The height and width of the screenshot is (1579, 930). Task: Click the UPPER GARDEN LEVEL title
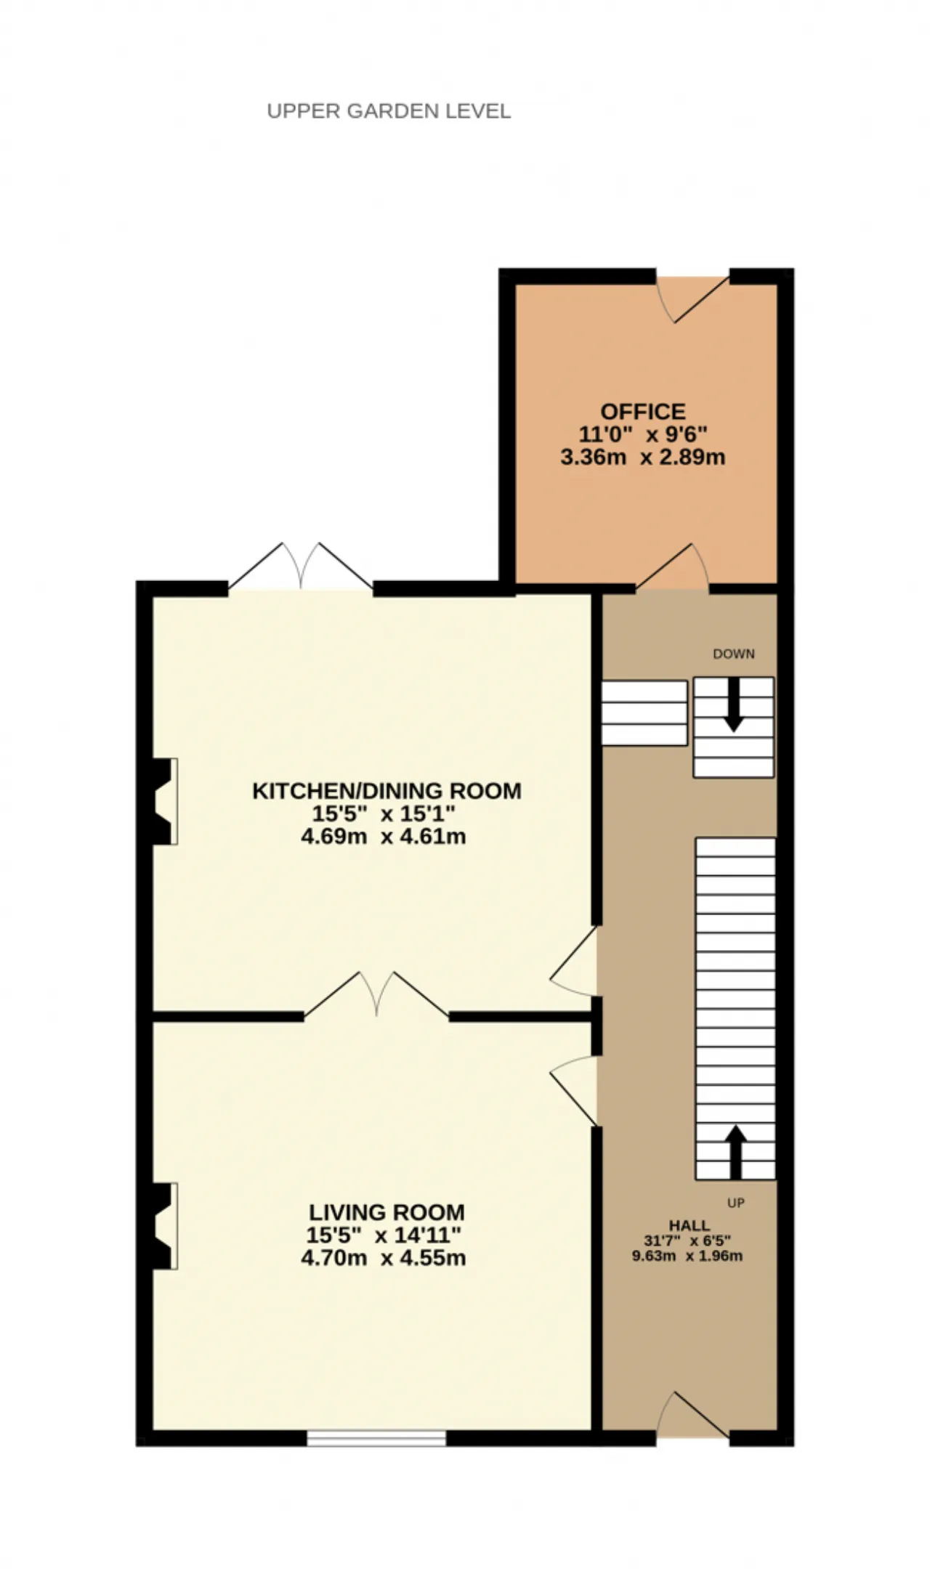tap(389, 111)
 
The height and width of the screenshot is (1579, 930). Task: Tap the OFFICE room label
tap(643, 412)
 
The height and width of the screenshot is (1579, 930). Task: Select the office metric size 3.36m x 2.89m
tap(643, 458)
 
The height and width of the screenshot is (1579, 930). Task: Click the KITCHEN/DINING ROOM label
tap(387, 790)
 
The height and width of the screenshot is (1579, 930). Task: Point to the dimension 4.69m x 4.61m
tap(384, 836)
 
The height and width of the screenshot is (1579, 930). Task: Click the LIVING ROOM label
tap(387, 1212)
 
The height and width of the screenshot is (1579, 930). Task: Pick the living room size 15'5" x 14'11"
tap(384, 1235)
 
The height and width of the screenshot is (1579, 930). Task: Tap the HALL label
tap(690, 1225)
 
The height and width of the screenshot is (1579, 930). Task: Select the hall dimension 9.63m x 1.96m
tap(687, 1256)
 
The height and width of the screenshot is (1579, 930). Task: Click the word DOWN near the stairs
tap(734, 654)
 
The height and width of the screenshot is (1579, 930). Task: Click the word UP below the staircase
tap(736, 1203)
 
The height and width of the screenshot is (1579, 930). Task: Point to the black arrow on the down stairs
tap(734, 705)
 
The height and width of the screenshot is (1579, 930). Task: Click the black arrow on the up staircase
tap(736, 1153)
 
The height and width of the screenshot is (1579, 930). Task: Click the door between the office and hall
tap(673, 567)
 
